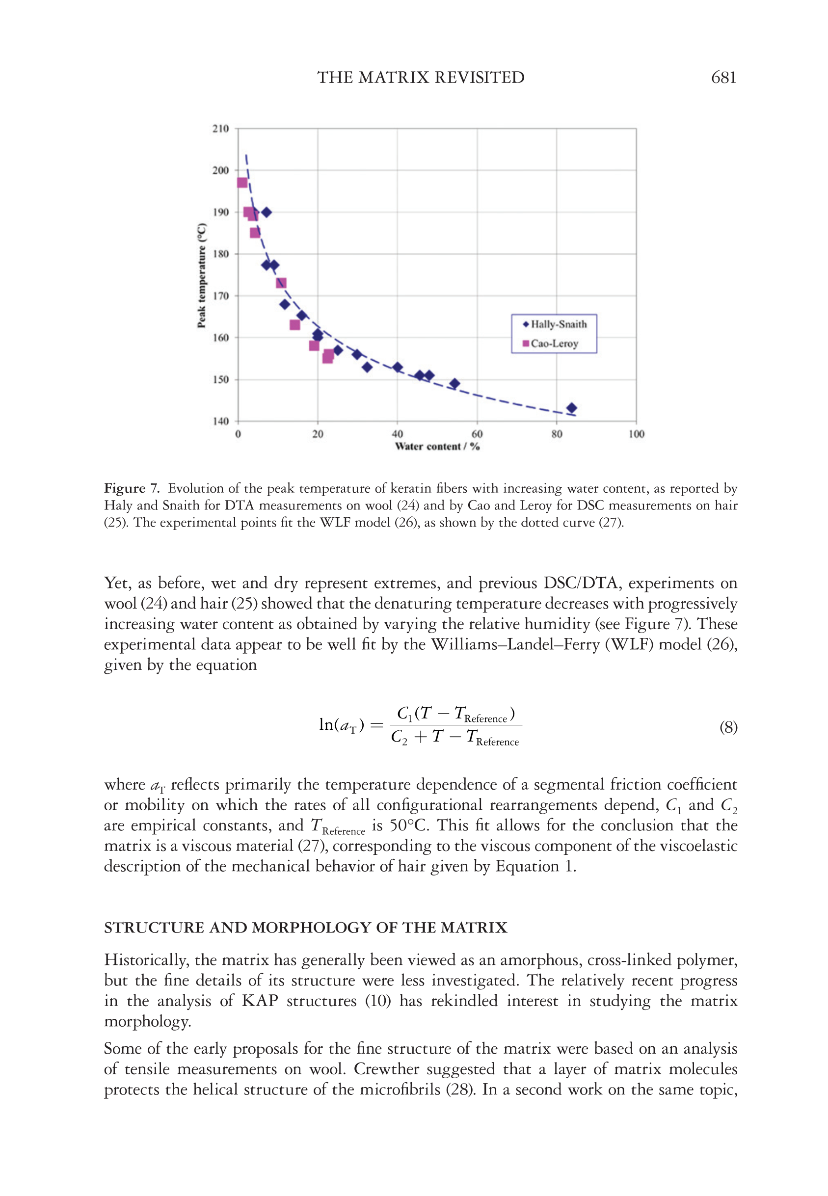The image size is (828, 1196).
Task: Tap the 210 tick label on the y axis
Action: [220, 129]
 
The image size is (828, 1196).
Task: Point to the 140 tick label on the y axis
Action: [220, 421]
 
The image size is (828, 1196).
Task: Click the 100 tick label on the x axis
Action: [636, 434]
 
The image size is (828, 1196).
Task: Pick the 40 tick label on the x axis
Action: [398, 434]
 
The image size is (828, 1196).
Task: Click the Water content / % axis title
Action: [437, 447]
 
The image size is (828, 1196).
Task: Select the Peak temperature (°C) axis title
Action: [201, 275]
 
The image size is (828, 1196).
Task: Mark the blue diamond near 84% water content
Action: [572, 408]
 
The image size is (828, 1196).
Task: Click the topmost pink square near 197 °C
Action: [242, 183]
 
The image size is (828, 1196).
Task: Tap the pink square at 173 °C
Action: [281, 283]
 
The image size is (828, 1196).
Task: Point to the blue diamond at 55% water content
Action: [454, 384]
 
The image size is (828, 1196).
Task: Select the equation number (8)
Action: [728, 727]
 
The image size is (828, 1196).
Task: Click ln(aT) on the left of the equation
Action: [341, 725]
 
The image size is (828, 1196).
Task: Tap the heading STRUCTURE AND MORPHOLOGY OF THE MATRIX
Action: [306, 928]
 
